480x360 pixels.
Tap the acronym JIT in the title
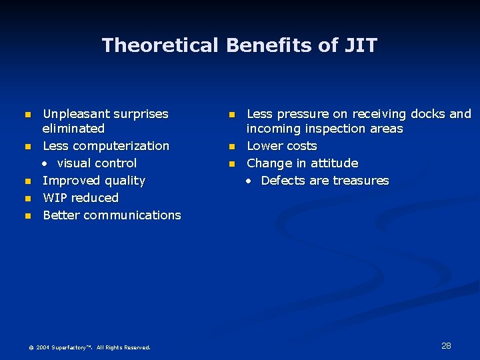[361, 45]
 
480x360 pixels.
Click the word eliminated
[73, 129]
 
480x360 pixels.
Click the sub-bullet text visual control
[97, 163]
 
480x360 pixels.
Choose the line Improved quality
[94, 181]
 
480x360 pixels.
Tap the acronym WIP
[56, 198]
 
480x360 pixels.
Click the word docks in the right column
[427, 114]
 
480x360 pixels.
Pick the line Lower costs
[282, 146]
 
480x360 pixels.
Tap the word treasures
[361, 181]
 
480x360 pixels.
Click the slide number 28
[446, 346]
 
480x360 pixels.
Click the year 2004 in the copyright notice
[43, 347]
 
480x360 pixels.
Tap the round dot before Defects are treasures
[249, 181]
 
